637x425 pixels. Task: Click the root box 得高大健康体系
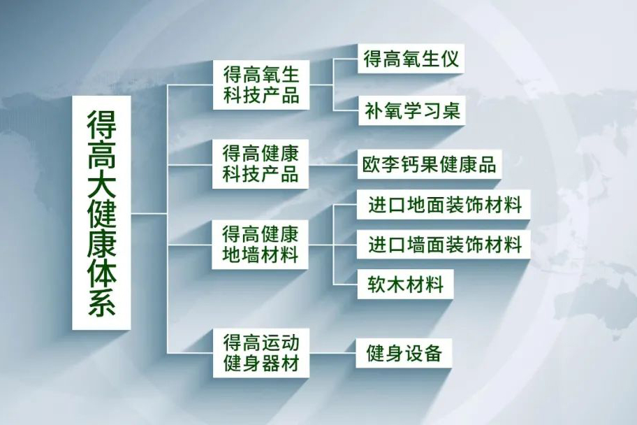tap(101, 212)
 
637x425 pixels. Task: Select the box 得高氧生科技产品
tap(261, 85)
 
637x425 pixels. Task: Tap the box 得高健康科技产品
tap(261, 164)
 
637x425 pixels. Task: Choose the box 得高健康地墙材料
tap(260, 245)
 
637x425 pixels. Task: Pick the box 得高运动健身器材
tap(261, 353)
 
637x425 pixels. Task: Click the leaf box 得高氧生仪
tap(411, 59)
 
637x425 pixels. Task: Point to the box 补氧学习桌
tap(411, 110)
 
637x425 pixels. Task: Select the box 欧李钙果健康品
tap(430, 164)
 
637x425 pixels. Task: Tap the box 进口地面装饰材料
tap(444, 205)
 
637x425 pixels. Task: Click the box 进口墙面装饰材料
tap(444, 245)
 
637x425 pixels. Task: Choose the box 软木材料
tap(405, 284)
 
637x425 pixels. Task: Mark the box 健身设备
tap(404, 353)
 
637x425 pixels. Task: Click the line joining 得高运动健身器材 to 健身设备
tap(332, 353)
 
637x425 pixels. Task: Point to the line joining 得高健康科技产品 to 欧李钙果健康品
tap(333, 165)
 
